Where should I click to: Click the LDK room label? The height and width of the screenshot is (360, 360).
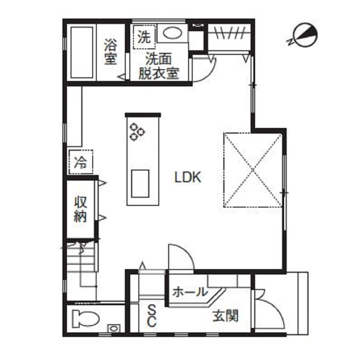(x=187, y=177)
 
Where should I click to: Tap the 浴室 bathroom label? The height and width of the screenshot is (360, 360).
(x=111, y=51)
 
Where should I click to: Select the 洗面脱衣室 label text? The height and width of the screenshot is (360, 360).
(x=158, y=66)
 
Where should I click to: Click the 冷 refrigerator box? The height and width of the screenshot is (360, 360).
(x=80, y=162)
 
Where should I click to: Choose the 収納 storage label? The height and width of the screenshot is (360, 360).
(x=80, y=209)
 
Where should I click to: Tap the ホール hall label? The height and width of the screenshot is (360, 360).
(x=189, y=293)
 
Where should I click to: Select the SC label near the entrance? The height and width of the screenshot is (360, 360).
(x=152, y=315)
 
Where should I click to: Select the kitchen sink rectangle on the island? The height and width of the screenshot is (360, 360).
(x=140, y=183)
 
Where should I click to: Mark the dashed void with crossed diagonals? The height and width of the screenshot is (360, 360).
(x=253, y=170)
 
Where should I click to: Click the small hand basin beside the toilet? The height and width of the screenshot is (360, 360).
(x=113, y=328)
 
